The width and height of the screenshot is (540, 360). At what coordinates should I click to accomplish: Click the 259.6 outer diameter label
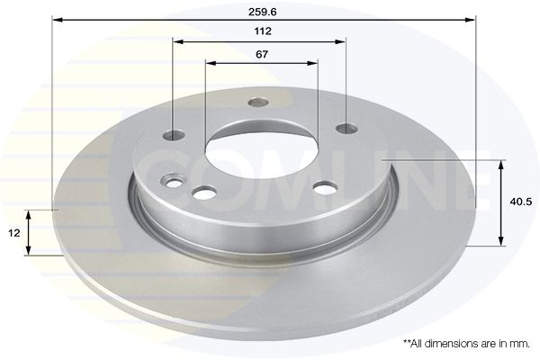[x=263, y=12]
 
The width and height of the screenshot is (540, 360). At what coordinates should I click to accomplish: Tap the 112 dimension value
[x=263, y=31]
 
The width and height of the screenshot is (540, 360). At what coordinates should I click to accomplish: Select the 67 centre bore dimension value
[x=262, y=54]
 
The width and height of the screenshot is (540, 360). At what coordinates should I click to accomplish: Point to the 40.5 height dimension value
[x=521, y=202]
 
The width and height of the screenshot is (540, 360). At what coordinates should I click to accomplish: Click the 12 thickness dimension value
[x=14, y=233]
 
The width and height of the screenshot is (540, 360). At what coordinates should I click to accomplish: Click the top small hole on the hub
[x=258, y=102]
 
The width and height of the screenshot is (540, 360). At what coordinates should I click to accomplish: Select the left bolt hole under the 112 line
[x=174, y=135]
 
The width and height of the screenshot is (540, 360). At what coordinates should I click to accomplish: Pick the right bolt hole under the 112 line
[x=346, y=130]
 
